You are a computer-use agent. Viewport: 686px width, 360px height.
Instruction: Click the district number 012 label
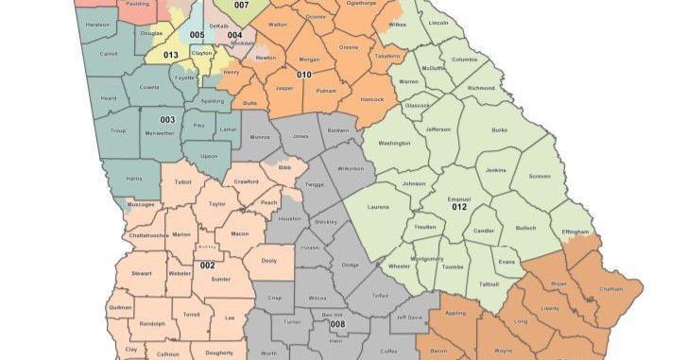(x=459, y=207)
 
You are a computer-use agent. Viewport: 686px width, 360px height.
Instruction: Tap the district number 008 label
(x=337, y=324)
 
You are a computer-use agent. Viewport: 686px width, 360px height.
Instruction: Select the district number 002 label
(x=208, y=266)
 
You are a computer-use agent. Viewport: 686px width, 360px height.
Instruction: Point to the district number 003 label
(x=166, y=120)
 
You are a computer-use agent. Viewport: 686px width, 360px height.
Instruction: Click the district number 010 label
(x=304, y=74)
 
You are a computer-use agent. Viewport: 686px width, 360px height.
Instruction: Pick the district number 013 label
(x=171, y=55)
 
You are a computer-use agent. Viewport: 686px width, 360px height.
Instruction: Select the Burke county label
(x=499, y=132)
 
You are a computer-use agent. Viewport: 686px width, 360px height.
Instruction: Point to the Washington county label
(x=396, y=143)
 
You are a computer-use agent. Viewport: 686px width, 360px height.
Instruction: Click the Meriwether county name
(x=166, y=135)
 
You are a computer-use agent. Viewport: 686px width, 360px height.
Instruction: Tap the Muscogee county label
(x=141, y=203)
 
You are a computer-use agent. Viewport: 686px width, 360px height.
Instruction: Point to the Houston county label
(x=289, y=218)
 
